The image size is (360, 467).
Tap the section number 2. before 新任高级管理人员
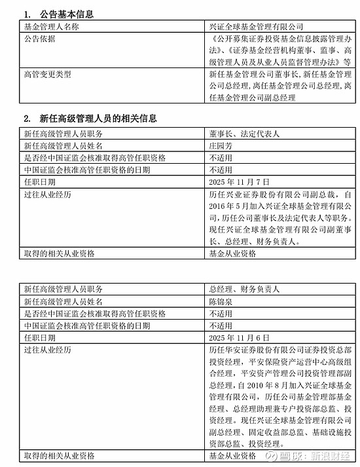pyautogui.click(x=27, y=119)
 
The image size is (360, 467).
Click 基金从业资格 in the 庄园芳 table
pyautogui.click(x=232, y=253)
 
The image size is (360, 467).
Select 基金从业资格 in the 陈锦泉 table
pyautogui.click(x=232, y=456)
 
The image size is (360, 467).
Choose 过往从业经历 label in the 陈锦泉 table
pyautogui.click(x=46, y=350)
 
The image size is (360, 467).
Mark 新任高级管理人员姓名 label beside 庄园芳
pyautogui.click(x=63, y=145)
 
